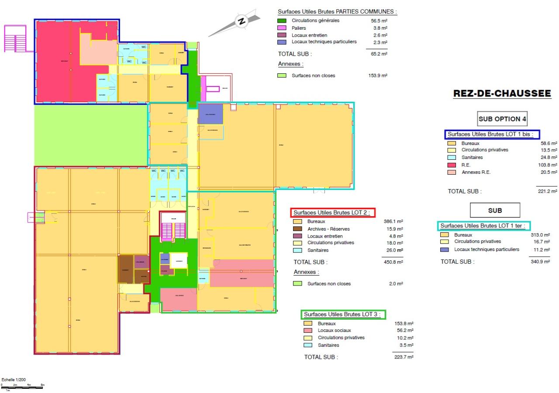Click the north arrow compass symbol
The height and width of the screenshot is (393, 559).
pos(241,21)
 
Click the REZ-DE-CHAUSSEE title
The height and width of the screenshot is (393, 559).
pos(502,93)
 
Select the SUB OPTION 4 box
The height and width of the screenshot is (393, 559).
pos(499,119)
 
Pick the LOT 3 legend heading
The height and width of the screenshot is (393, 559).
pos(343,314)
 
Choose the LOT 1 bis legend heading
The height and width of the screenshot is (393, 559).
pos(492,134)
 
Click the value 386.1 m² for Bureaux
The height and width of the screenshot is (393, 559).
pos(393,222)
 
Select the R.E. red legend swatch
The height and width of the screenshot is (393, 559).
pos(452,165)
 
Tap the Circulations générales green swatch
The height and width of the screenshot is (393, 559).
pos(283,21)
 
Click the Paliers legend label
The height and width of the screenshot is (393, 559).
pos(299,28)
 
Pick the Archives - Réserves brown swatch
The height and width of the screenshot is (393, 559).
pos(298,229)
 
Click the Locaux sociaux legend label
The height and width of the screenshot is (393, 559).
pos(334,331)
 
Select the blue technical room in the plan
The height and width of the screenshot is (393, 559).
pos(210,114)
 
